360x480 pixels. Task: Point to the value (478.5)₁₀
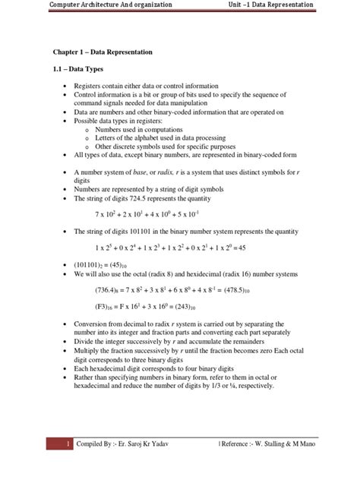pyautogui.click(x=223, y=291)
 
